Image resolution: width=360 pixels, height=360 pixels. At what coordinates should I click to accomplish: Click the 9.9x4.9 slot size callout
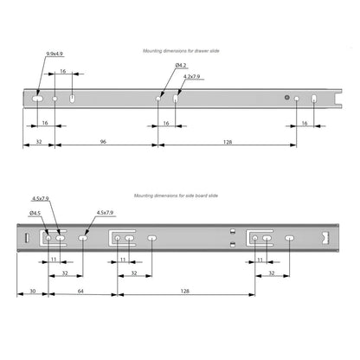[x=55, y=54]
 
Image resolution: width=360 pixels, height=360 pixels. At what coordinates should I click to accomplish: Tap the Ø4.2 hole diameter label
[x=181, y=66]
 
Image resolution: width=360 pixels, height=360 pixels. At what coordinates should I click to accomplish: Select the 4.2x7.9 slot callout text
[x=191, y=77]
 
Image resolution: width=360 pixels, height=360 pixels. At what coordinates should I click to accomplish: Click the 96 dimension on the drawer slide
[x=103, y=142]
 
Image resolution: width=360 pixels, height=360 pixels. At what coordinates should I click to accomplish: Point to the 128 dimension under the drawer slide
[x=228, y=142]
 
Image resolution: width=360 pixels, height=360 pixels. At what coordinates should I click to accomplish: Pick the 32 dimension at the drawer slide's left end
[x=39, y=142]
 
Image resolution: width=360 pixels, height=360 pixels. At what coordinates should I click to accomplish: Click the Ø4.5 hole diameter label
[x=35, y=213]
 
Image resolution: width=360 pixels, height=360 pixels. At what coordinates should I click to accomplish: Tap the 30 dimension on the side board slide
[x=33, y=291]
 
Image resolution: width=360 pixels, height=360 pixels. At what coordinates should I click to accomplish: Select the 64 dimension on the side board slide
[x=80, y=291]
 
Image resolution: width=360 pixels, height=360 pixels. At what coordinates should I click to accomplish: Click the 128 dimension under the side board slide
[x=184, y=291]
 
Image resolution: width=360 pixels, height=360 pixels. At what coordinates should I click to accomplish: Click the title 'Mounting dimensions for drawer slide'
[x=181, y=51]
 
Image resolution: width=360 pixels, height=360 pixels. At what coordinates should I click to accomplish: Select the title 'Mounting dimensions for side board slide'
[x=176, y=196]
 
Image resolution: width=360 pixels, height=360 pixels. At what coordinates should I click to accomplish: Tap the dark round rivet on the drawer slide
[x=286, y=97]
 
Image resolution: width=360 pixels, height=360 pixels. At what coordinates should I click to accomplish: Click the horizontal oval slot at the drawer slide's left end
[x=37, y=99]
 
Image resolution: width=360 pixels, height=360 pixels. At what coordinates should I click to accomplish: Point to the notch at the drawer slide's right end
[x=337, y=99]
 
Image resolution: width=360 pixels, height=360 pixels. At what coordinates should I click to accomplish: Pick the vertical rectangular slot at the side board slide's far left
[x=27, y=238]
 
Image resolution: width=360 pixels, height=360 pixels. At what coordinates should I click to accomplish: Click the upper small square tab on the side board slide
[x=233, y=231]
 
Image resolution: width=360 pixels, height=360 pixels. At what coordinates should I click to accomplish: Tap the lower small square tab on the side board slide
[x=233, y=245]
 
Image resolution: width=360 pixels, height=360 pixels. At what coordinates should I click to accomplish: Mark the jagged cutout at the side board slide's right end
[x=325, y=238]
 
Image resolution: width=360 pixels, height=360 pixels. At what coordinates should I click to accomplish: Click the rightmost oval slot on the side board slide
[x=289, y=238]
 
